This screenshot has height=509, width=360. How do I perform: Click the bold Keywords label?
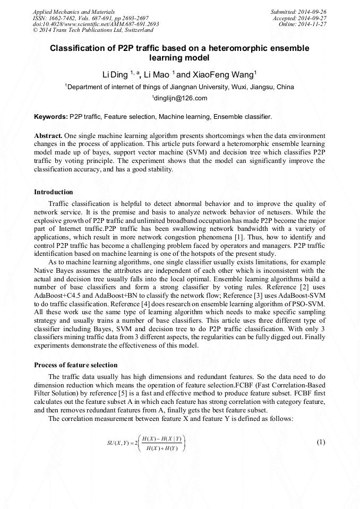click(x=50, y=116)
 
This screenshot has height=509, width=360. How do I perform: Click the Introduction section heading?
click(x=54, y=192)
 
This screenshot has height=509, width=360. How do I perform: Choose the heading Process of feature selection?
click(x=75, y=365)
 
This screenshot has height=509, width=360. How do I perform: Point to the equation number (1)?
click(x=320, y=442)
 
